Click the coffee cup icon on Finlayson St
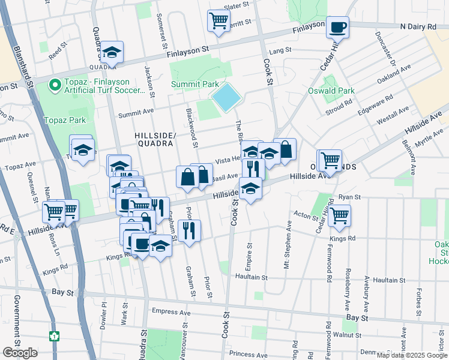pyautogui.click(x=338, y=27)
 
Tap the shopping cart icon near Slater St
pyautogui.click(x=218, y=21)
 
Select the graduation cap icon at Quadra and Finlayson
pyautogui.click(x=112, y=53)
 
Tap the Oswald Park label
pyautogui.click(x=332, y=91)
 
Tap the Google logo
pyautogui.click(x=20, y=353)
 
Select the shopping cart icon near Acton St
pyautogui.click(x=340, y=215)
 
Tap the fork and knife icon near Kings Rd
pyautogui.click(x=190, y=230)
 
